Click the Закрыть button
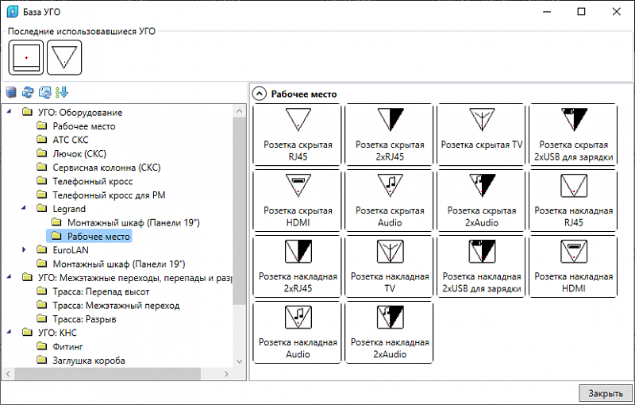tap(606, 393)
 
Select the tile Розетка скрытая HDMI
tap(298, 200)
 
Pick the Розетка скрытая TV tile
tap(482, 134)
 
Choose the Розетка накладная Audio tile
tap(298, 332)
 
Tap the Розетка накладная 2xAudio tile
tap(390, 332)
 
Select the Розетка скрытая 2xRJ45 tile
tap(390, 134)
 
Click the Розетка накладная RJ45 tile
tap(573, 200)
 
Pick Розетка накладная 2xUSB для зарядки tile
tap(482, 267)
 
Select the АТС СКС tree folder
tap(71, 140)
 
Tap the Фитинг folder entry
tap(67, 346)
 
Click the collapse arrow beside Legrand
tap(24, 208)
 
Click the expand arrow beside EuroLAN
tap(24, 249)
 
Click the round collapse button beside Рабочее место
tap(260, 94)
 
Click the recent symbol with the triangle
tap(64, 57)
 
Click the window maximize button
tap(581, 11)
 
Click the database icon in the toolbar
tap(11, 92)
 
